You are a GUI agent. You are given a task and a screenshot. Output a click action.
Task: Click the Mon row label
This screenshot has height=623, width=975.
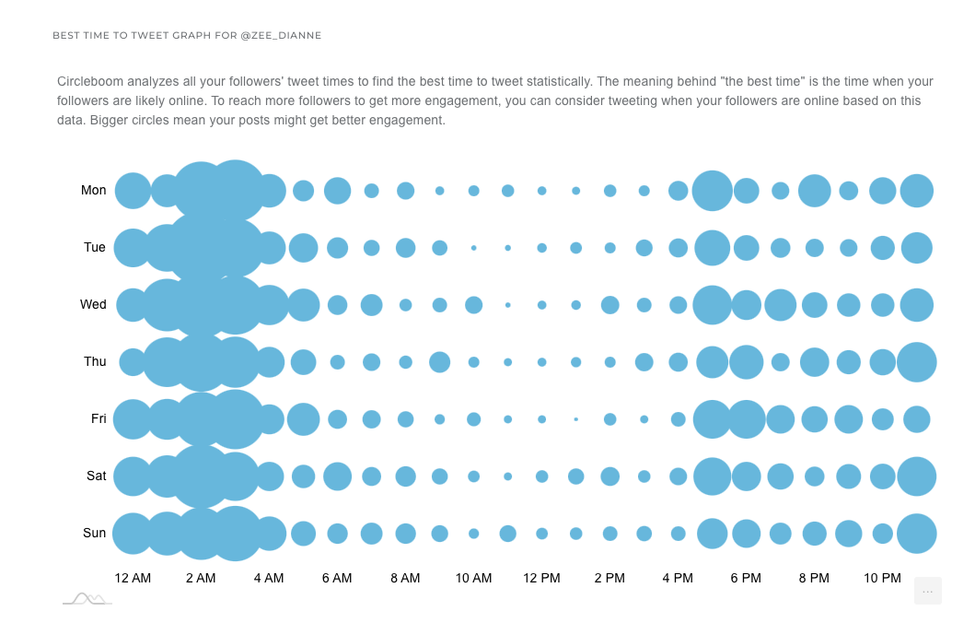point(93,191)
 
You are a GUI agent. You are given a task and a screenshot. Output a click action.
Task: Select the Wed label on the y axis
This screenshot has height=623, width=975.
point(93,305)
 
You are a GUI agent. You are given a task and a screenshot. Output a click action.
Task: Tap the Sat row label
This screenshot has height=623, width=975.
point(96,476)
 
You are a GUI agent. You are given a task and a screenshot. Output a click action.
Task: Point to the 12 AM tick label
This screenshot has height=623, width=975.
point(133,579)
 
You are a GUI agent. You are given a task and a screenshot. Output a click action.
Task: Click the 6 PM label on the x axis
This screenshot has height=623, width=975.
point(746,579)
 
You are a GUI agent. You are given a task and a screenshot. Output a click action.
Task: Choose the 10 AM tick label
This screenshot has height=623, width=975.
point(473,579)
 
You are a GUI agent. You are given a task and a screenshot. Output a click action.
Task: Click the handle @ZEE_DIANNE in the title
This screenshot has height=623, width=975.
point(281,36)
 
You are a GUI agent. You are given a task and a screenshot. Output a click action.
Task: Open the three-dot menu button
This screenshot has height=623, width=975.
point(927,591)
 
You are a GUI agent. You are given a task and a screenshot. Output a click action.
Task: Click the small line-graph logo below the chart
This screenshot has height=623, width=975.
point(87,599)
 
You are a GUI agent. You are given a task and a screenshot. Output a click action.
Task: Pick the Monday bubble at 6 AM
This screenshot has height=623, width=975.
point(337,191)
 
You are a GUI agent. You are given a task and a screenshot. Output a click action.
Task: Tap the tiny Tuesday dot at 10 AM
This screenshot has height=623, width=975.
point(473,248)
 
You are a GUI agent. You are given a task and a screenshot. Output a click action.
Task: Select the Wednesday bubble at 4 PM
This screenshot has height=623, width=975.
point(678,305)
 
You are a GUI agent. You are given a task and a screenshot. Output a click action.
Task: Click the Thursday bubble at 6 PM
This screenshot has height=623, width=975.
point(746,362)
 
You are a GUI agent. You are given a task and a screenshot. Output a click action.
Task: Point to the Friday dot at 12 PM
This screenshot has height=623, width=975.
point(541,419)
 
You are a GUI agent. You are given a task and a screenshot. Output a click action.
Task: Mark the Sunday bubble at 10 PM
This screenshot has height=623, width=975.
point(882,534)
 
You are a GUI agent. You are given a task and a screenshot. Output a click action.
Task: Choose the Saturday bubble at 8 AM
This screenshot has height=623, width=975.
point(405,476)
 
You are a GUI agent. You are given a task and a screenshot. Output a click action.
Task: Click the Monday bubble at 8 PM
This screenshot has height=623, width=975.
point(814,191)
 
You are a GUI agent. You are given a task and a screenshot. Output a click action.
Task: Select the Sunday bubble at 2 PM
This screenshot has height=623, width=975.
point(609,534)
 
